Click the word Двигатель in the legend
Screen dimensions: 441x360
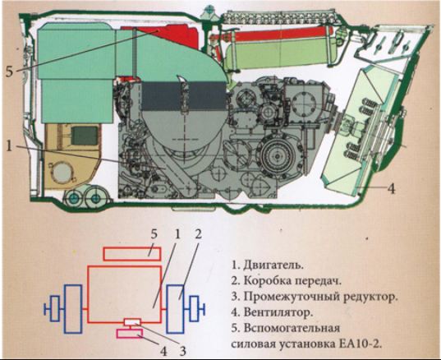click(x=273, y=265)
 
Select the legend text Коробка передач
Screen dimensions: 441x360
click(x=292, y=281)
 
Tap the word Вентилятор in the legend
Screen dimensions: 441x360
click(x=278, y=312)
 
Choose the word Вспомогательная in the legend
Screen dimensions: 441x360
click(x=292, y=328)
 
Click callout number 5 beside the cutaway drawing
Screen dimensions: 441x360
click(x=9, y=72)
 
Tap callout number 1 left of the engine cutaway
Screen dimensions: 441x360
click(x=9, y=146)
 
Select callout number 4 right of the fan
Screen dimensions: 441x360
click(x=392, y=188)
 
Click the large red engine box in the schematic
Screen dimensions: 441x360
click(x=125, y=294)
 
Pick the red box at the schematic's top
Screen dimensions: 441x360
click(x=132, y=254)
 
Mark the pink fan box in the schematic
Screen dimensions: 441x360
click(x=130, y=334)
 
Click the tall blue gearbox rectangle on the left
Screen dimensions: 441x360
click(x=73, y=309)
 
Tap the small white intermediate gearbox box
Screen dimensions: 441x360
click(x=132, y=322)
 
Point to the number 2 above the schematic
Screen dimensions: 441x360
click(x=198, y=233)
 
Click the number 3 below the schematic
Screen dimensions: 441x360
click(x=183, y=351)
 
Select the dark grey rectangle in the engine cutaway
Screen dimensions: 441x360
click(x=184, y=95)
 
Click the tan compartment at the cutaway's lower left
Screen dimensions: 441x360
click(x=71, y=156)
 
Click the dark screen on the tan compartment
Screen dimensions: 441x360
click(x=85, y=136)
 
